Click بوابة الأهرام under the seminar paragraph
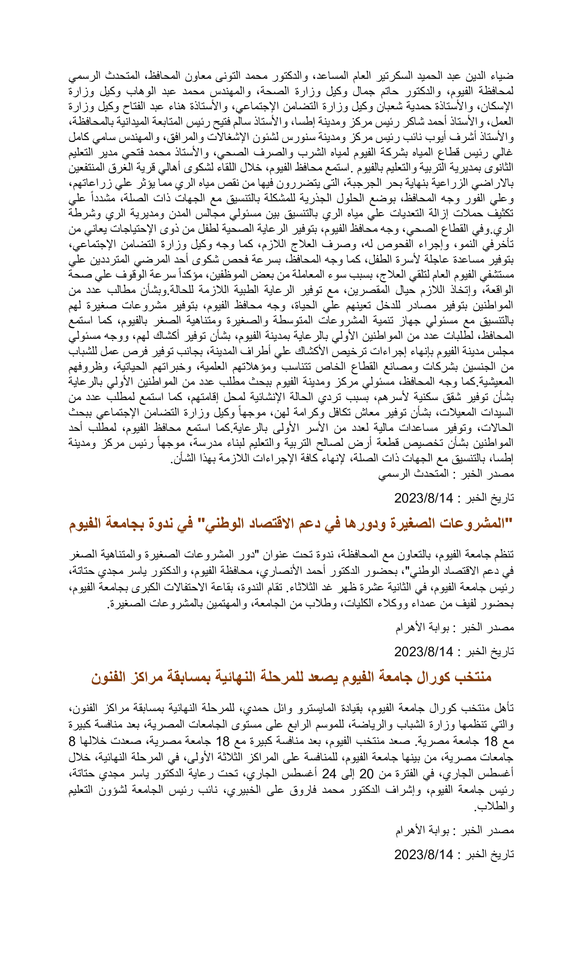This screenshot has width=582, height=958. [422, 627]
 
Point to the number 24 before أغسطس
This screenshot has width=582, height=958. [329, 774]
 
